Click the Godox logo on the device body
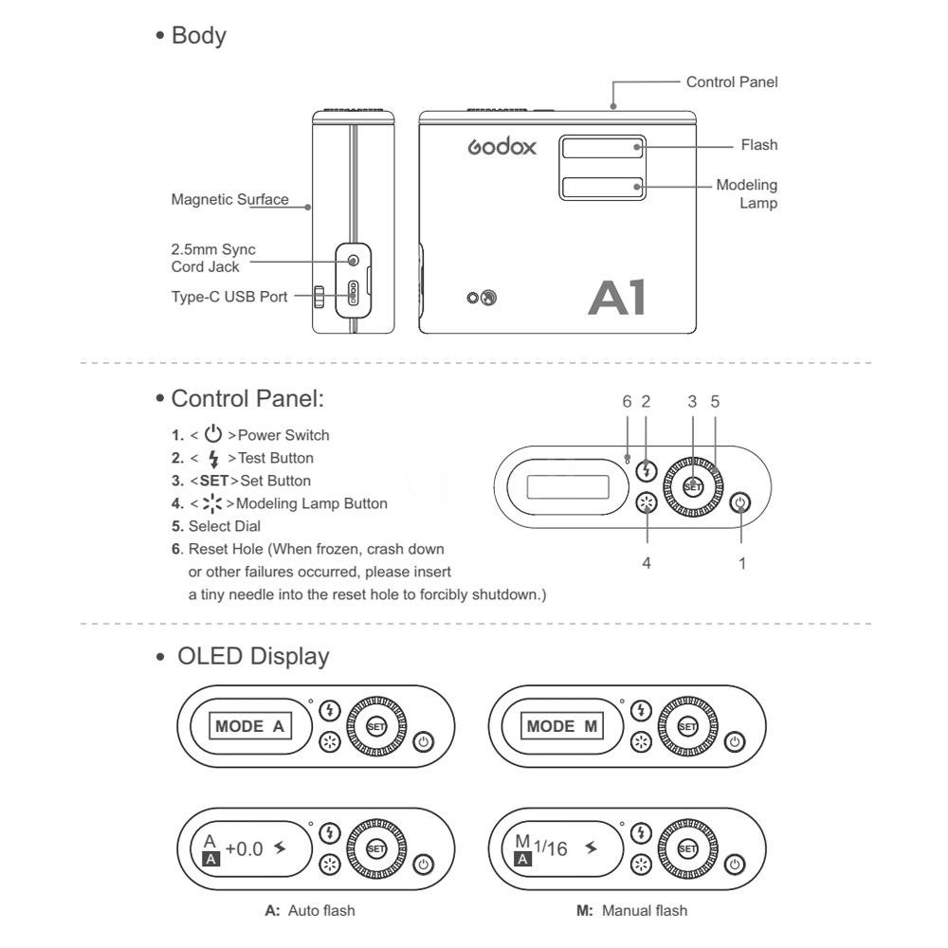pyautogui.click(x=502, y=148)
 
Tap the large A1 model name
pyautogui.click(x=617, y=297)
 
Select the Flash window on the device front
pyautogui.click(x=602, y=148)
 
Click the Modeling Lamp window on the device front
pyautogui.click(x=602, y=187)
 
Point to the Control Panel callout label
pyautogui.click(x=732, y=82)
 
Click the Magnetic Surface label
pyautogui.click(x=229, y=200)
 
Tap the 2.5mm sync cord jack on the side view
pyautogui.click(x=354, y=260)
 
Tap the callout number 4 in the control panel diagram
pyautogui.click(x=647, y=562)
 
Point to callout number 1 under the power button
pyautogui.click(x=742, y=562)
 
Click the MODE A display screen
pyautogui.click(x=249, y=727)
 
